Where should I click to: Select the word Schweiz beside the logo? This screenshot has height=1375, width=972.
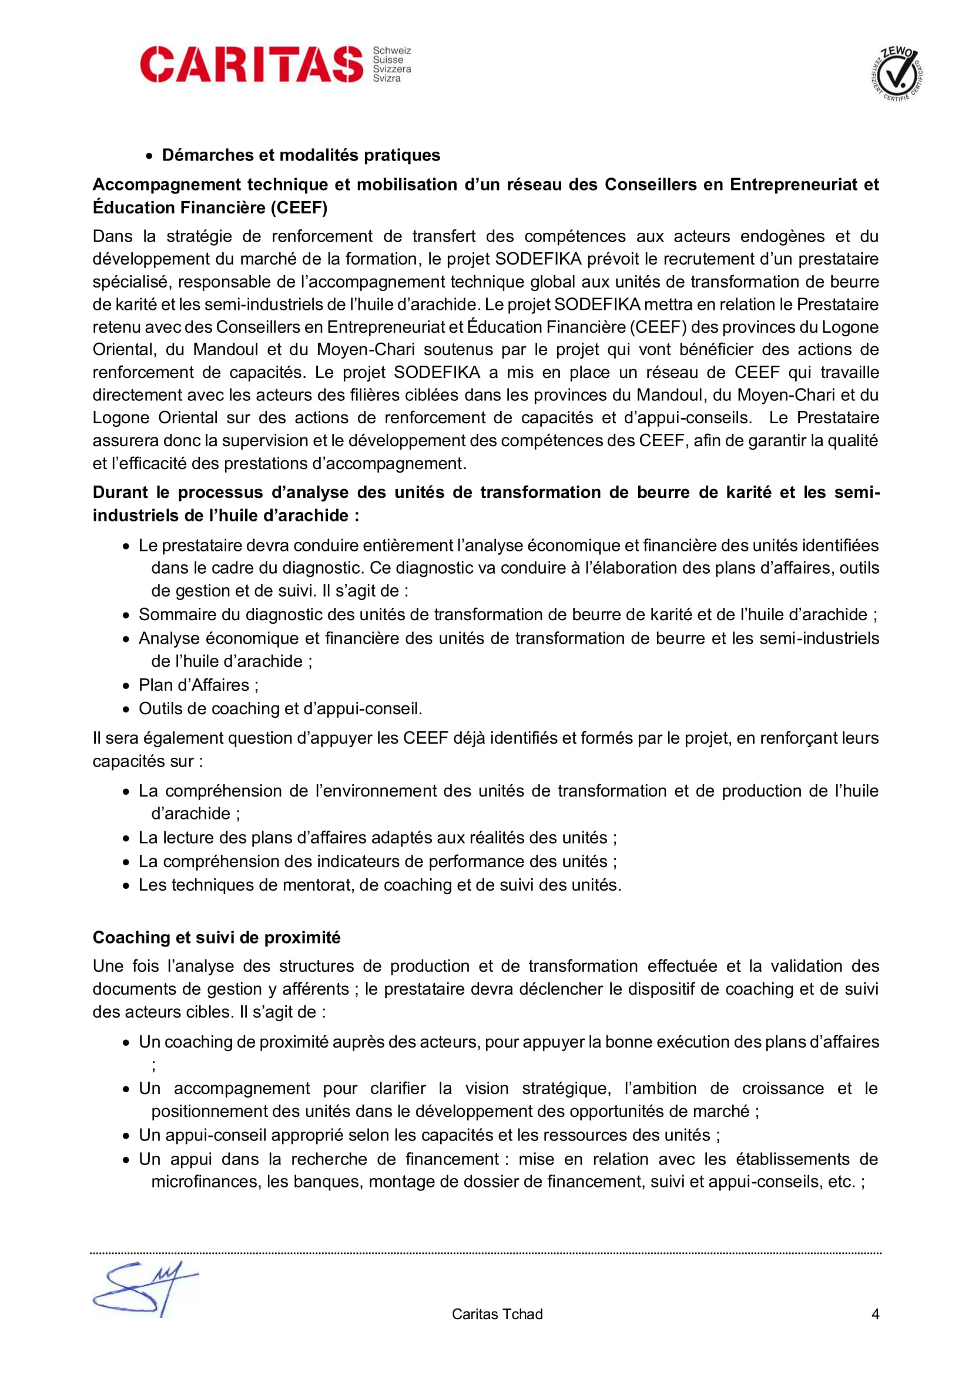[x=392, y=51]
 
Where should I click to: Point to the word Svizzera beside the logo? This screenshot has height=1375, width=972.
[x=392, y=69]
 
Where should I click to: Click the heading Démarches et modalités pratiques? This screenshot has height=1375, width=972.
[x=300, y=155]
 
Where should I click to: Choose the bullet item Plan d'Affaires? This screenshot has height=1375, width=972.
[x=198, y=685]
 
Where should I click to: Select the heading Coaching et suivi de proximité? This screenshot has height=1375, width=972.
[x=216, y=937]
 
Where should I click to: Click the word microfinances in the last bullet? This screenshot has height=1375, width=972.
[x=204, y=1182]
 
